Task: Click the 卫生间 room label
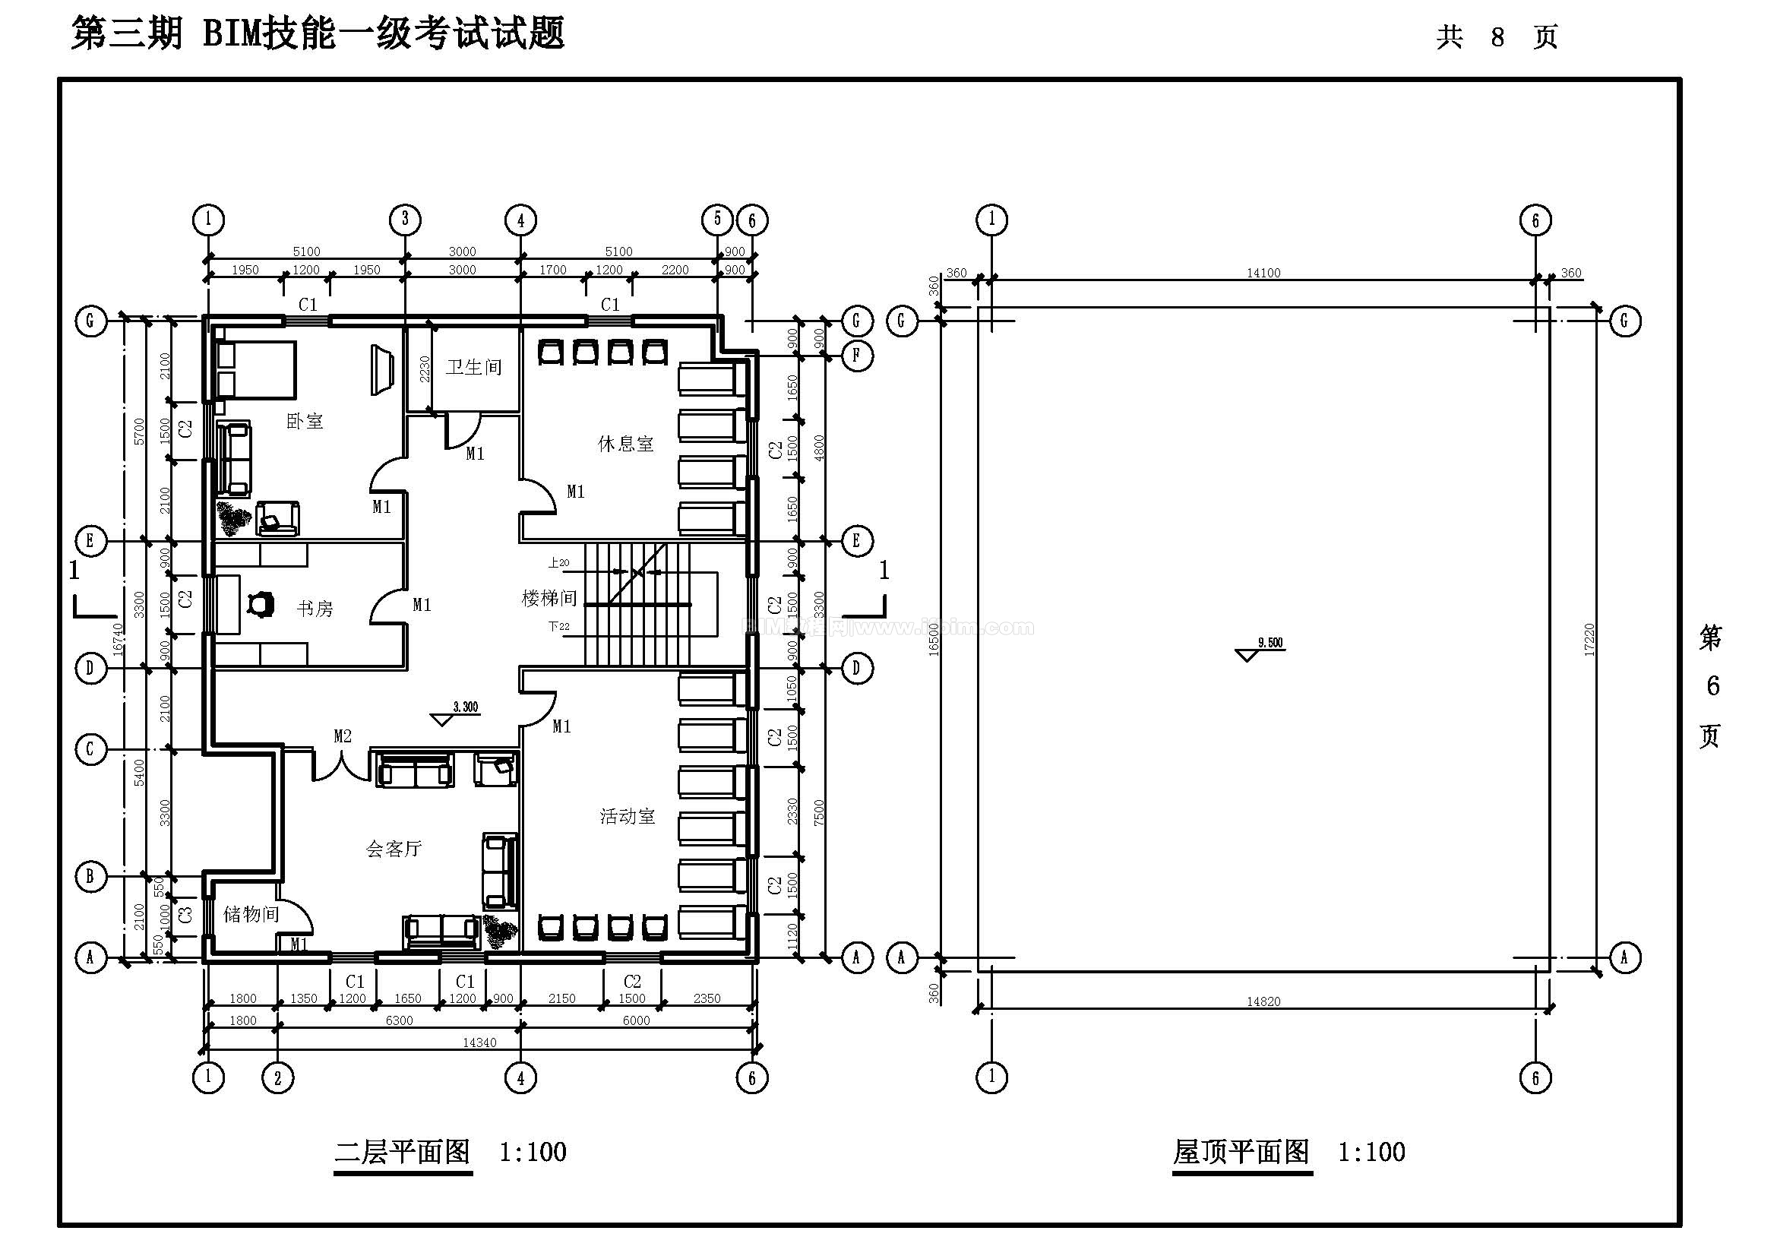tap(473, 367)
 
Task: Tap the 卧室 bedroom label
tap(305, 422)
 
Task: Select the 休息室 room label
tap(625, 445)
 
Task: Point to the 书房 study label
tap(315, 609)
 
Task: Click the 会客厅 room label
tap(394, 849)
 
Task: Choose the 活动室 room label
tap(627, 817)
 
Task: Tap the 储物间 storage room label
tap(251, 915)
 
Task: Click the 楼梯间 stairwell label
tap(549, 598)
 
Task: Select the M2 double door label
tap(343, 736)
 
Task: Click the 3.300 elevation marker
tap(465, 707)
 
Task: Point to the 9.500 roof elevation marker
tap(1270, 643)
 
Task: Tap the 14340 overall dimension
tap(479, 1042)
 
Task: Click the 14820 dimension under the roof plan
tap(1263, 1001)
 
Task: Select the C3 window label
tap(185, 915)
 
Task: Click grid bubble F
tap(856, 356)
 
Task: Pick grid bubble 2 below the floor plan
tap(278, 1077)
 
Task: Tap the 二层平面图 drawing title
tap(403, 1153)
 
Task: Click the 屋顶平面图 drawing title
tap(1241, 1153)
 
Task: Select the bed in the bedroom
tap(256, 369)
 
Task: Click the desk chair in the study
tap(261, 603)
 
